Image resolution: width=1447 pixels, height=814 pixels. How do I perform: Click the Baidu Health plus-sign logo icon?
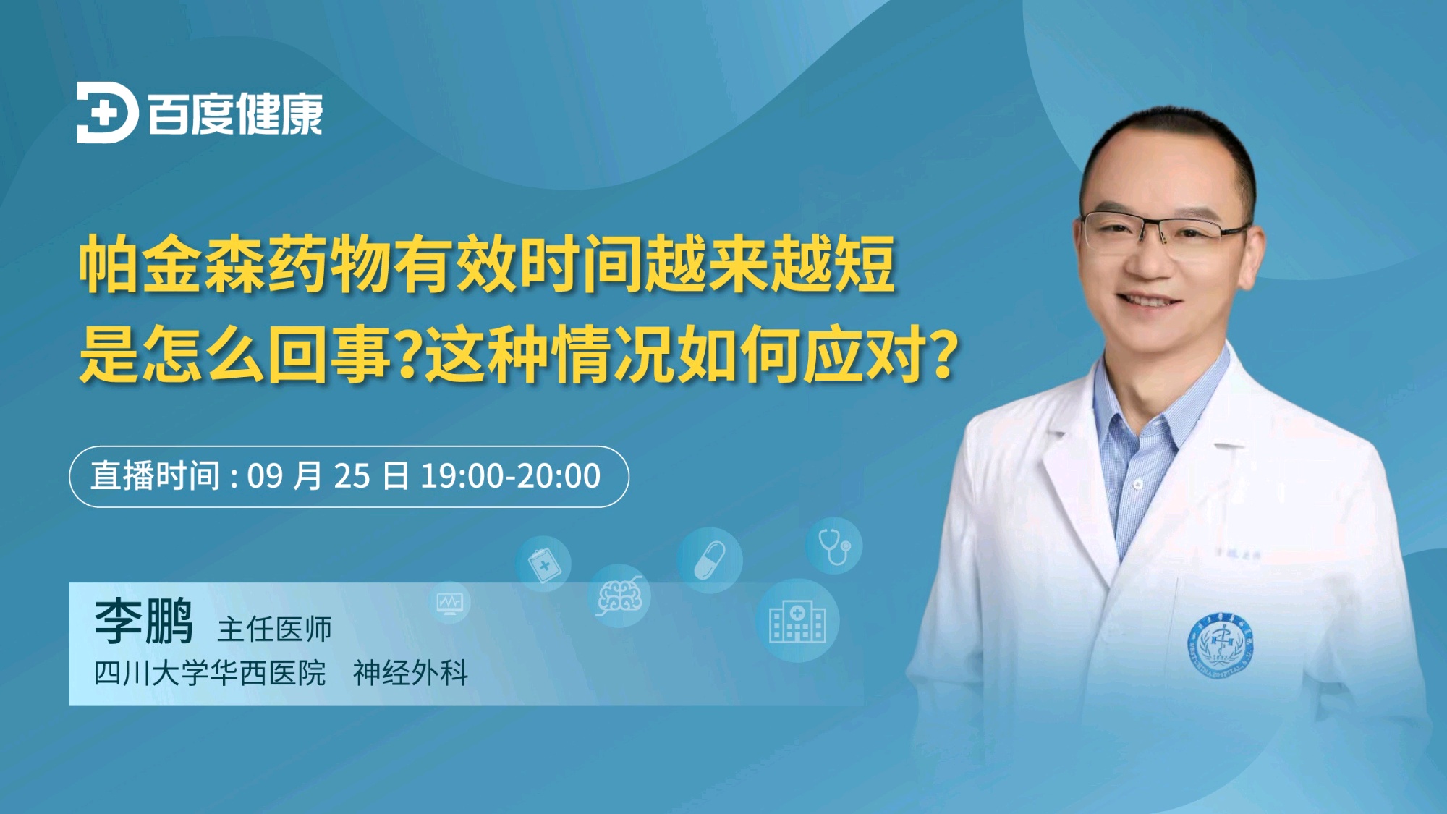click(x=107, y=113)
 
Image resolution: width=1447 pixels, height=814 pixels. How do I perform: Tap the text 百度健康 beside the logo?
click(x=235, y=114)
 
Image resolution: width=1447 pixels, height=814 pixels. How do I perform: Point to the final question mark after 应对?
click(x=943, y=353)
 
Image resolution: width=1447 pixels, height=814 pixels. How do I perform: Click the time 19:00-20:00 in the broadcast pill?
click(x=511, y=476)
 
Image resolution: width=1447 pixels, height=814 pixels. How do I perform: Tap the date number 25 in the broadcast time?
click(x=352, y=476)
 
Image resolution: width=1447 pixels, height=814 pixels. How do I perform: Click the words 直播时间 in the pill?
click(x=155, y=476)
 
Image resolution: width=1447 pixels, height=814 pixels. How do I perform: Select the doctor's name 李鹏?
click(x=144, y=621)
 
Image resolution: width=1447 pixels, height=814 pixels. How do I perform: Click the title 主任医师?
click(x=274, y=629)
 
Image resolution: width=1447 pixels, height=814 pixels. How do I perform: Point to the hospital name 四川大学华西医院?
click(x=210, y=673)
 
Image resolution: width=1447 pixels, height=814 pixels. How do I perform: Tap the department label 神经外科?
click(x=410, y=673)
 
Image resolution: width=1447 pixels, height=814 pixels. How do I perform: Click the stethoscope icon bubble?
click(x=835, y=546)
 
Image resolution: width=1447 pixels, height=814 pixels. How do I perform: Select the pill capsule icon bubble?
click(x=710, y=561)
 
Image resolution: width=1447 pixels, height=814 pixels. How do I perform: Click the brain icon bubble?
click(x=619, y=595)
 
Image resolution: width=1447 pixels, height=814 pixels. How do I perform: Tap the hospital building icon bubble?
click(x=797, y=621)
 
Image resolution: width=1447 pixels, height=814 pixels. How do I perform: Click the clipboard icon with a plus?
click(x=543, y=564)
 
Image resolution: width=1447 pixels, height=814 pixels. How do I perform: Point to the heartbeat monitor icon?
click(x=449, y=603)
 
